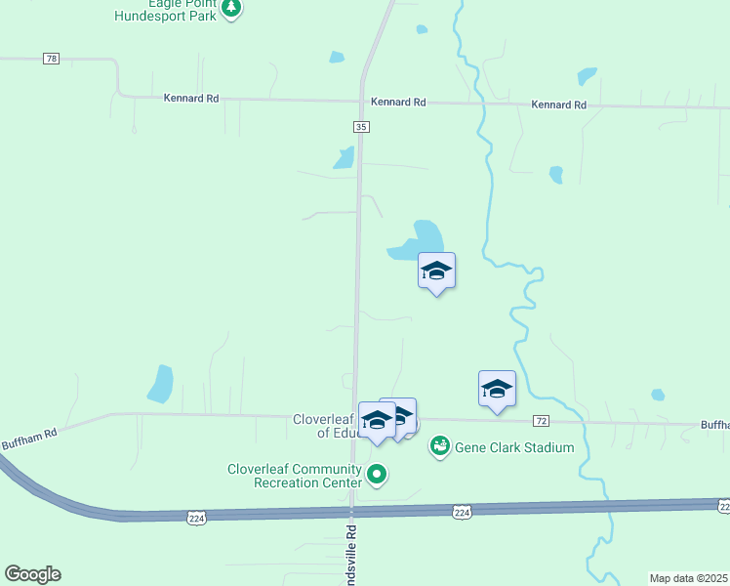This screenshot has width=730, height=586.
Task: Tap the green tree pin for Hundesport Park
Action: (x=231, y=10)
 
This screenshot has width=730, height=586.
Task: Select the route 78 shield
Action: (x=52, y=60)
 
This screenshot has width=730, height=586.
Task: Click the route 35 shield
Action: (x=361, y=127)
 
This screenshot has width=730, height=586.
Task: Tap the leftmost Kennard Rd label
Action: (x=190, y=98)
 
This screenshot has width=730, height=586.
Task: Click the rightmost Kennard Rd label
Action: (x=558, y=105)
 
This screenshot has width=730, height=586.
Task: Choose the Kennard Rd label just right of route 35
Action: (x=398, y=102)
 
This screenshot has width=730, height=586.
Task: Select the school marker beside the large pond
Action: (x=437, y=272)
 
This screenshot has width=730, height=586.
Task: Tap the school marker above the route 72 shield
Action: (x=497, y=389)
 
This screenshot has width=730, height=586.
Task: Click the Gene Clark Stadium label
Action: (x=515, y=447)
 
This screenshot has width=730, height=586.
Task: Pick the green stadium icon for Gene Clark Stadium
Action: (x=440, y=446)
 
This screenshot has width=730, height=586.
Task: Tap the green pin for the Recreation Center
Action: (x=376, y=475)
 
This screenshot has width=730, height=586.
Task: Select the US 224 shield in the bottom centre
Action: (x=462, y=512)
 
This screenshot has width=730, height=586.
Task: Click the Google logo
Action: (x=32, y=574)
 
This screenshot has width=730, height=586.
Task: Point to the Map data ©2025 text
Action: (x=689, y=578)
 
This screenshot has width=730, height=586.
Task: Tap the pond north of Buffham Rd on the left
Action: (x=160, y=383)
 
